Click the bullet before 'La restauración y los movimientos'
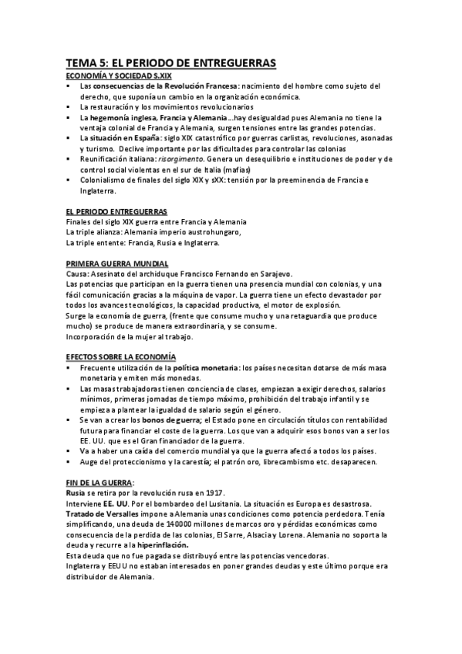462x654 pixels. coord(69,106)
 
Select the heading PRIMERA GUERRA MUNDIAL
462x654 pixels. coord(117,264)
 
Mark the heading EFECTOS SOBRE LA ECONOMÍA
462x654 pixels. coord(121,356)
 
